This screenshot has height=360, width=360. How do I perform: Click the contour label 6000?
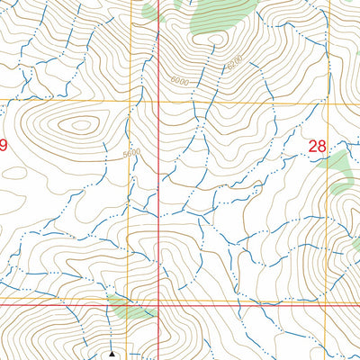(178, 81)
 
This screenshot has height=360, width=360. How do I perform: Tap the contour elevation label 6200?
(235, 64)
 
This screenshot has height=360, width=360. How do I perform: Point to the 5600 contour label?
(132, 154)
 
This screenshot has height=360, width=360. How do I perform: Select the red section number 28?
(317, 145)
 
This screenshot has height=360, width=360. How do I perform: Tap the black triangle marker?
(112, 355)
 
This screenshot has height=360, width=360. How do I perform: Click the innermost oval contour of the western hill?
(81, 126)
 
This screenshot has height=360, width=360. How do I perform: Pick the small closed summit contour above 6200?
(215, 39)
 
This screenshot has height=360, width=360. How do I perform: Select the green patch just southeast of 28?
(337, 166)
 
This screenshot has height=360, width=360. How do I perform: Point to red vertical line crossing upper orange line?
(160, 100)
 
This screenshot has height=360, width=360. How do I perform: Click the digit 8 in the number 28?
(322, 145)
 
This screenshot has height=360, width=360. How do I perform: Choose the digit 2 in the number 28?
(311, 145)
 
